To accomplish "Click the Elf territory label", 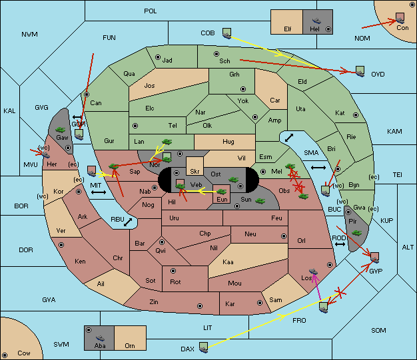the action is tap(288, 29).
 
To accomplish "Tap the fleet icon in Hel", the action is tap(316, 21).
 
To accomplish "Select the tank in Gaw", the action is tap(61, 130).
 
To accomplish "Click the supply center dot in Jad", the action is tap(158, 57).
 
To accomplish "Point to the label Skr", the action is tap(195, 172).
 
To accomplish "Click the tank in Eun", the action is tap(222, 192).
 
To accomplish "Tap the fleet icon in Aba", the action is tap(101, 338).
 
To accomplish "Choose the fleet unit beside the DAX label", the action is tap(203, 347).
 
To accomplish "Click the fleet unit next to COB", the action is tap(227, 33).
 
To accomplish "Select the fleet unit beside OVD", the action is tap(360, 71).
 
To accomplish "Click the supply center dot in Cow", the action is tap(5, 355).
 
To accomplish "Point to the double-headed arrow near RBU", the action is tap(128, 222).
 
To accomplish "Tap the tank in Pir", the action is tap(356, 233).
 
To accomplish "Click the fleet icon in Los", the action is tap(314, 271).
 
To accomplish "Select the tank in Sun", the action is tap(260, 201).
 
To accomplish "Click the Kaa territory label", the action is tap(228, 262).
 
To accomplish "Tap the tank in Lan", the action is tap(167, 142).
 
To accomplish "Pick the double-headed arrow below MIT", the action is tap(99, 192).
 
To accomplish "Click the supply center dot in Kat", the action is tap(356, 115).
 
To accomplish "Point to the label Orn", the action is tap(130, 345).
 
